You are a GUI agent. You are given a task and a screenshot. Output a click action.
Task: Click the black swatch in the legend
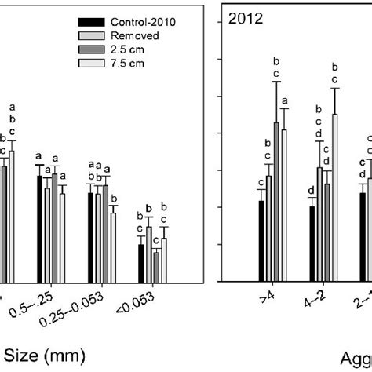click(x=98, y=22)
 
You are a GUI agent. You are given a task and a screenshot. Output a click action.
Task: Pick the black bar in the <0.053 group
click(x=140, y=263)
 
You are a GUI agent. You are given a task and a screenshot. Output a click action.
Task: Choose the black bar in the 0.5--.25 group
click(x=39, y=228)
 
